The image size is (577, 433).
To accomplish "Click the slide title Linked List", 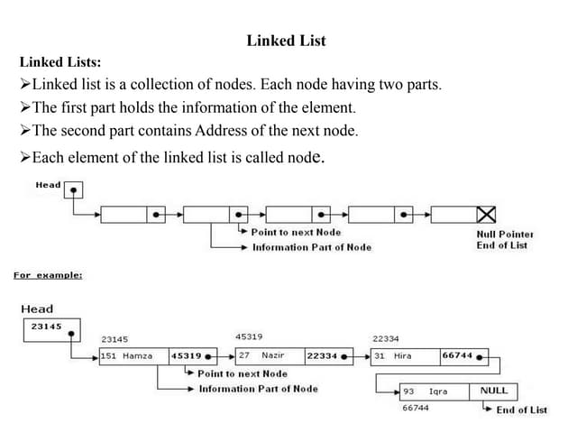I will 286,41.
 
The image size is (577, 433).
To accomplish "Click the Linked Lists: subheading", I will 60,62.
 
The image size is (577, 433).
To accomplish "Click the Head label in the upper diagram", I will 48,185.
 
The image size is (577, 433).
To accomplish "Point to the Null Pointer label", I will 505,234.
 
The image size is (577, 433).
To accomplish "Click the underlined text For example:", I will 48,275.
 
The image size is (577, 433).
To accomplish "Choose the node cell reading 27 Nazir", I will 270,355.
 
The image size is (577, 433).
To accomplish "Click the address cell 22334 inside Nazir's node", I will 322,355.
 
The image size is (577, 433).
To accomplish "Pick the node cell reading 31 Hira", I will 405,355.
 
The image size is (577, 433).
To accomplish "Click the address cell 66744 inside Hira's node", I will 458,355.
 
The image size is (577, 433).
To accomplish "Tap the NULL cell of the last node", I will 494,392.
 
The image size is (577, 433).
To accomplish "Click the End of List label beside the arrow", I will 521,410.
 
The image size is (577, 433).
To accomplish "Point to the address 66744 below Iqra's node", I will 416,409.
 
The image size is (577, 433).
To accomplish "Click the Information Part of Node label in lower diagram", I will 258,389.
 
